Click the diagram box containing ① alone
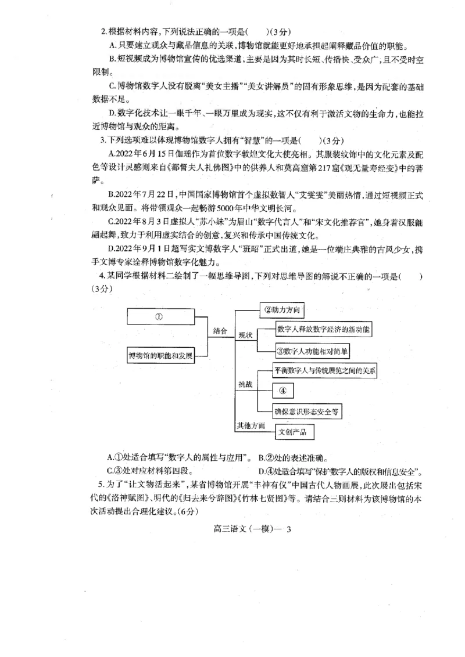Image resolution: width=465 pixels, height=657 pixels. pyautogui.click(x=159, y=316)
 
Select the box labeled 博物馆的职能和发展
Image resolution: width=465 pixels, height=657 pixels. pyautogui.click(x=160, y=354)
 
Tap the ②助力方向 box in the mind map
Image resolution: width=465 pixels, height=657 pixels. pyautogui.click(x=282, y=310)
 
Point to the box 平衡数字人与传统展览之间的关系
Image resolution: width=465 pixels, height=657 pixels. pyautogui.click(x=325, y=370)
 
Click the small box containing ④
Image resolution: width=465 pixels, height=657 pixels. pyautogui.click(x=283, y=390)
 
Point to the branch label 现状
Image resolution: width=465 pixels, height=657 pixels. pyautogui.click(x=245, y=336)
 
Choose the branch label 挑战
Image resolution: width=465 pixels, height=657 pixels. pyautogui.click(x=245, y=384)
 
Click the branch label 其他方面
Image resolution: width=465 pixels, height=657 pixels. pyautogui.click(x=251, y=426)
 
